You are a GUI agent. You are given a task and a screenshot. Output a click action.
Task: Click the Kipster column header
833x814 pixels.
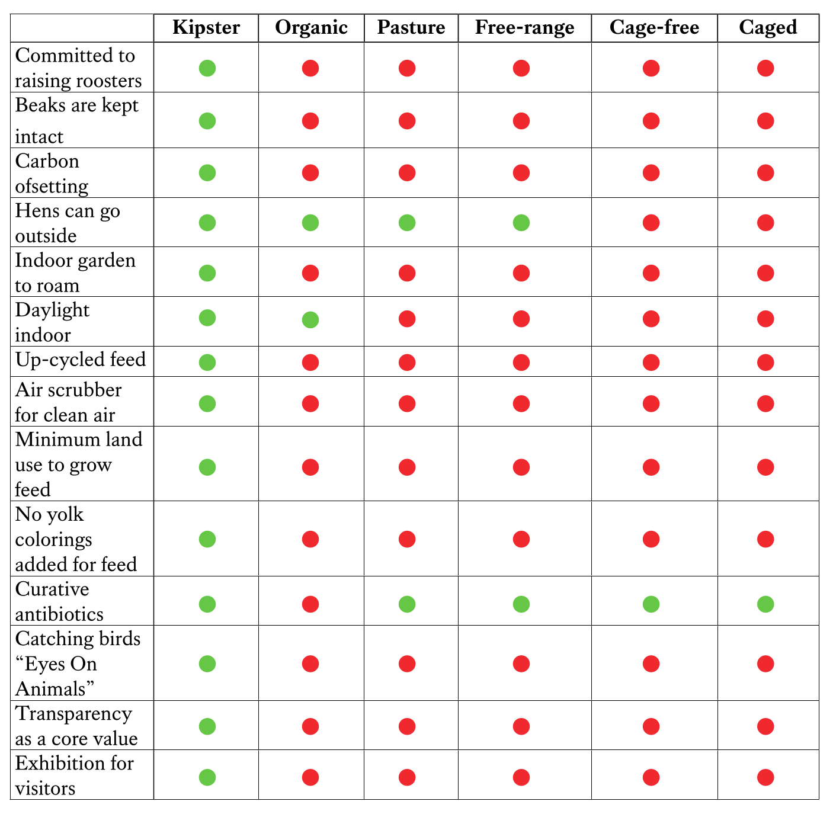tap(206, 28)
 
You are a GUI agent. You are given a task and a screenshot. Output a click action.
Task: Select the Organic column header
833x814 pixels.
tap(311, 28)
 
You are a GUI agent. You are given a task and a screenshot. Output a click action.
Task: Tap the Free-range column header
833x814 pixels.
tap(524, 28)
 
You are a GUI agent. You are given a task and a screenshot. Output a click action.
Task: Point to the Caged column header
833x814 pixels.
tap(768, 28)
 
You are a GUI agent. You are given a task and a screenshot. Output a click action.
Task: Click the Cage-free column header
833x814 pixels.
tap(654, 28)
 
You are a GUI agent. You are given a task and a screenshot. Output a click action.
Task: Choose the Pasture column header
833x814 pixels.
tap(411, 28)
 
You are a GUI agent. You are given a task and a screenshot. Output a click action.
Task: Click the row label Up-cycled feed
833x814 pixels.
tap(81, 360)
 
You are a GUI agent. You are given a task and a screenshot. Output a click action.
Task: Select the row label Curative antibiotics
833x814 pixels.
tap(59, 601)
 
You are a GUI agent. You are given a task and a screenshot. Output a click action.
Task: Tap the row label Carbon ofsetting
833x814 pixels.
tap(52, 173)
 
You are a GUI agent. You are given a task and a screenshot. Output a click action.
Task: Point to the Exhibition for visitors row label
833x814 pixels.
tap(75, 775)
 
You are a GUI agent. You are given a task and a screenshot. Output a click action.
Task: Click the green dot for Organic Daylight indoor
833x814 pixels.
tap(310, 320)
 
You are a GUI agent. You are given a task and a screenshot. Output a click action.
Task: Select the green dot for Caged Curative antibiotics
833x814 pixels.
tap(765, 604)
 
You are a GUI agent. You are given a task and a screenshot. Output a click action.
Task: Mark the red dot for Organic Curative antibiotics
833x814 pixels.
tap(310, 604)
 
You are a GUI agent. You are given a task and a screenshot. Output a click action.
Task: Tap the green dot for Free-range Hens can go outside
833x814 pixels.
tap(521, 223)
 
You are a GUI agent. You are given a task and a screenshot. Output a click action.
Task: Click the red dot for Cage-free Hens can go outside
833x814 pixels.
tap(651, 223)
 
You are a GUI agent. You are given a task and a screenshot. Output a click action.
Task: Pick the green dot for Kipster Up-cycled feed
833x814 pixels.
tap(207, 362)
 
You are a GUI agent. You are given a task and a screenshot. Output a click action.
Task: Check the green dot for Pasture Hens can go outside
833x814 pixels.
tap(407, 223)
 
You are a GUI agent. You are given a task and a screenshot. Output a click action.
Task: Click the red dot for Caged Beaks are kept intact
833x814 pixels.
tap(765, 121)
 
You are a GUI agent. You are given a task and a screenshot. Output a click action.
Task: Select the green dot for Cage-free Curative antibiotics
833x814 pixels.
tap(651, 604)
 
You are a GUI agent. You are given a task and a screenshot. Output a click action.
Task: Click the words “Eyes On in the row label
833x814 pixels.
tap(56, 664)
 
